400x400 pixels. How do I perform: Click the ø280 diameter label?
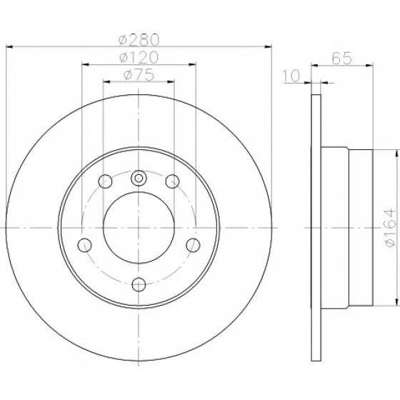(139, 40)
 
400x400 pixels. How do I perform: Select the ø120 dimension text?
(139, 57)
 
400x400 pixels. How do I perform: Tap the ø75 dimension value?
(139, 75)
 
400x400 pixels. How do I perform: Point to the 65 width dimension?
(342, 58)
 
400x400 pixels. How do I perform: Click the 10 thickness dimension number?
(291, 76)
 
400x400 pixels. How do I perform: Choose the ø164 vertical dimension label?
(390, 228)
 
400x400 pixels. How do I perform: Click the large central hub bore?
(139, 228)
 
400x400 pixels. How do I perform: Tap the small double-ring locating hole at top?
(139, 178)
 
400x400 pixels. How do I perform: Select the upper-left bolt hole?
(105, 181)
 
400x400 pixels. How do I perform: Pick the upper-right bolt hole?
(172, 181)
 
